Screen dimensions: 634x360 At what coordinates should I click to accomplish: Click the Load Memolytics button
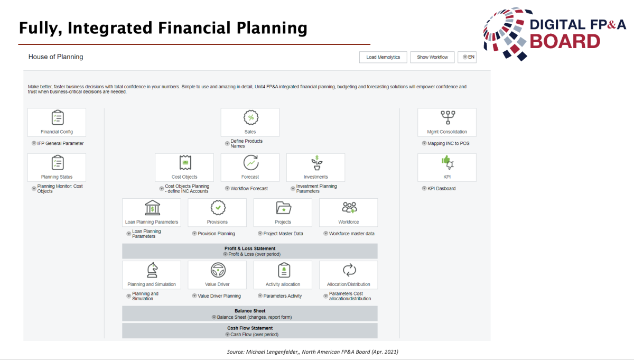pos(383,57)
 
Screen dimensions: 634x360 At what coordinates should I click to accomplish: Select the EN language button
pos(467,57)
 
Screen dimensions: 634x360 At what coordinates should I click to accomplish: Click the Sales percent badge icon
pos(251,117)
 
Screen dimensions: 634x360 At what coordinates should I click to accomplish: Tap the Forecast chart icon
pos(251,163)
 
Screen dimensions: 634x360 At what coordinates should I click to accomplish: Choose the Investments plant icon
pos(316,163)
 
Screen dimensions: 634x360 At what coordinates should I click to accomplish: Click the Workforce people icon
pos(349,208)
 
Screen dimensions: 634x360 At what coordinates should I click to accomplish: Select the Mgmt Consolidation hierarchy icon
pos(448,117)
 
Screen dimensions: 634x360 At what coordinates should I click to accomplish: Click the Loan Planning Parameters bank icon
pos(153,208)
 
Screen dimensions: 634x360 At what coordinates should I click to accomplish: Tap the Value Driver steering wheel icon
pos(218,270)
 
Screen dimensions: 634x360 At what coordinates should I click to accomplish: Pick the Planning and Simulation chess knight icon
pos(153,270)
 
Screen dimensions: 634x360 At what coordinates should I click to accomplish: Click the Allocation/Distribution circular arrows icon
pos(349,270)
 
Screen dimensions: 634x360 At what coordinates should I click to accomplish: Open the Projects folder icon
pos(283,208)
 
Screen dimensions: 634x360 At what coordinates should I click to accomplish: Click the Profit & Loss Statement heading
pos(250,248)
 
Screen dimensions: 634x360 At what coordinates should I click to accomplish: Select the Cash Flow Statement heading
pos(250,328)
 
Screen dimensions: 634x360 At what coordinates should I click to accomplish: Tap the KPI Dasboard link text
pos(441,188)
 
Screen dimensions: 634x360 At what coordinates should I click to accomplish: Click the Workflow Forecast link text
pos(249,188)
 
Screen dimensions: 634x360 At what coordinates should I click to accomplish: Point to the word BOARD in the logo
pos(565,41)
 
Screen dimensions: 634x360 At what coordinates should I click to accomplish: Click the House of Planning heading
pos(56,57)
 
